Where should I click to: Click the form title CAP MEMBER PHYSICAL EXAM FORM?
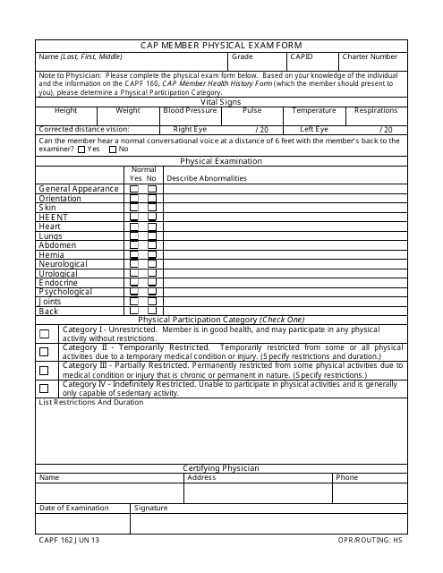[221, 45]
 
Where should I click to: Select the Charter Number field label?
[370, 56]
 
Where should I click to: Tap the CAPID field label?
[302, 56]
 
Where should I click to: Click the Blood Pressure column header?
[190, 111]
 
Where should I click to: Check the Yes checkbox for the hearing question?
[81, 150]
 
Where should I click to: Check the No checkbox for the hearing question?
[113, 150]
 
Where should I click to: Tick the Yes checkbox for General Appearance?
[134, 190]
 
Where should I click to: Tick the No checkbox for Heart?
[151, 227]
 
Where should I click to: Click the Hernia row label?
[51, 255]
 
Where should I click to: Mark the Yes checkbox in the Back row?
[134, 311]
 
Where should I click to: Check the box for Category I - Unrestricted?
[44, 334]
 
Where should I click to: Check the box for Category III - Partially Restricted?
[44, 370]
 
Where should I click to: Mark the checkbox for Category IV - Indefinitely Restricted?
[44, 389]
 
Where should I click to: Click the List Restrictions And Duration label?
[90, 403]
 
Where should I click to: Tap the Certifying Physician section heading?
[221, 468]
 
